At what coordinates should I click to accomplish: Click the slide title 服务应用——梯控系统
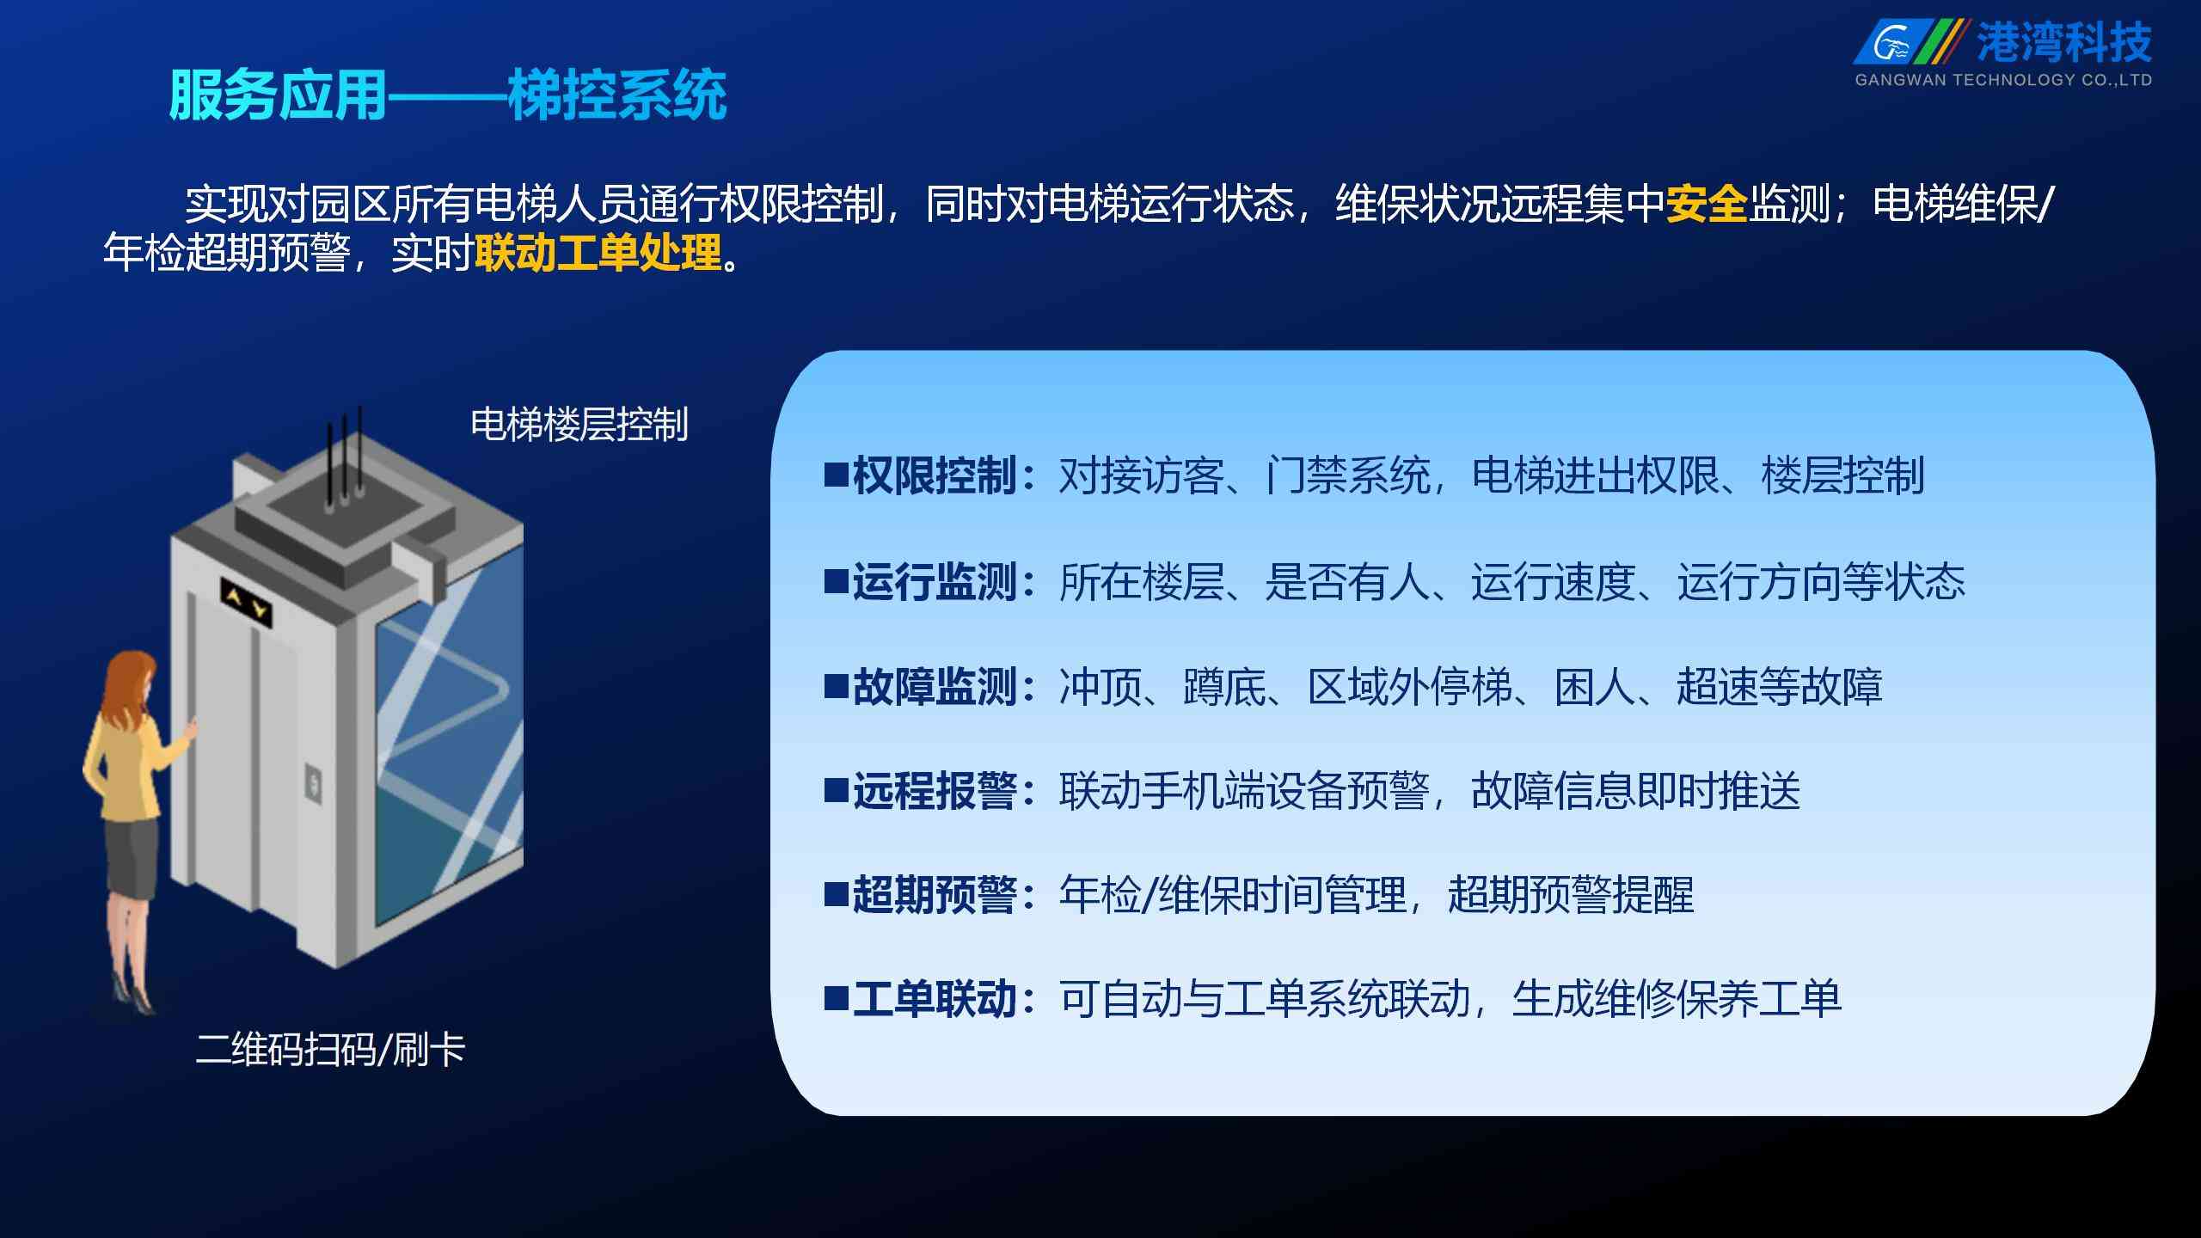click(x=448, y=95)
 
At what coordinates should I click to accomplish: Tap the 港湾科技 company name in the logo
click(x=2063, y=42)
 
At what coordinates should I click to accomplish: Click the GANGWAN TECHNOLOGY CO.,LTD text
click(x=2003, y=80)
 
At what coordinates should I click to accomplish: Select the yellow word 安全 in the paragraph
click(x=1707, y=205)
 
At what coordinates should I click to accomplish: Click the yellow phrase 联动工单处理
click(x=598, y=253)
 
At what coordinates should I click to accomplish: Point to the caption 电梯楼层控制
click(x=579, y=425)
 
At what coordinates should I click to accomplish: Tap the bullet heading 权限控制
click(x=935, y=475)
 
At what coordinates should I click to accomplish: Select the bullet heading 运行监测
click(x=935, y=582)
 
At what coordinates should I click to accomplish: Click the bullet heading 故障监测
click(x=935, y=687)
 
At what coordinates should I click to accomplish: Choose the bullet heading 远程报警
click(x=935, y=791)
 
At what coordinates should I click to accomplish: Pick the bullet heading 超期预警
click(x=935, y=895)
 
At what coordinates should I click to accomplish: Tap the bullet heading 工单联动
click(x=935, y=999)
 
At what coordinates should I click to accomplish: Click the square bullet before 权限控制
click(x=837, y=475)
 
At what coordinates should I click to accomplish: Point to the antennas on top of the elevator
click(x=343, y=460)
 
